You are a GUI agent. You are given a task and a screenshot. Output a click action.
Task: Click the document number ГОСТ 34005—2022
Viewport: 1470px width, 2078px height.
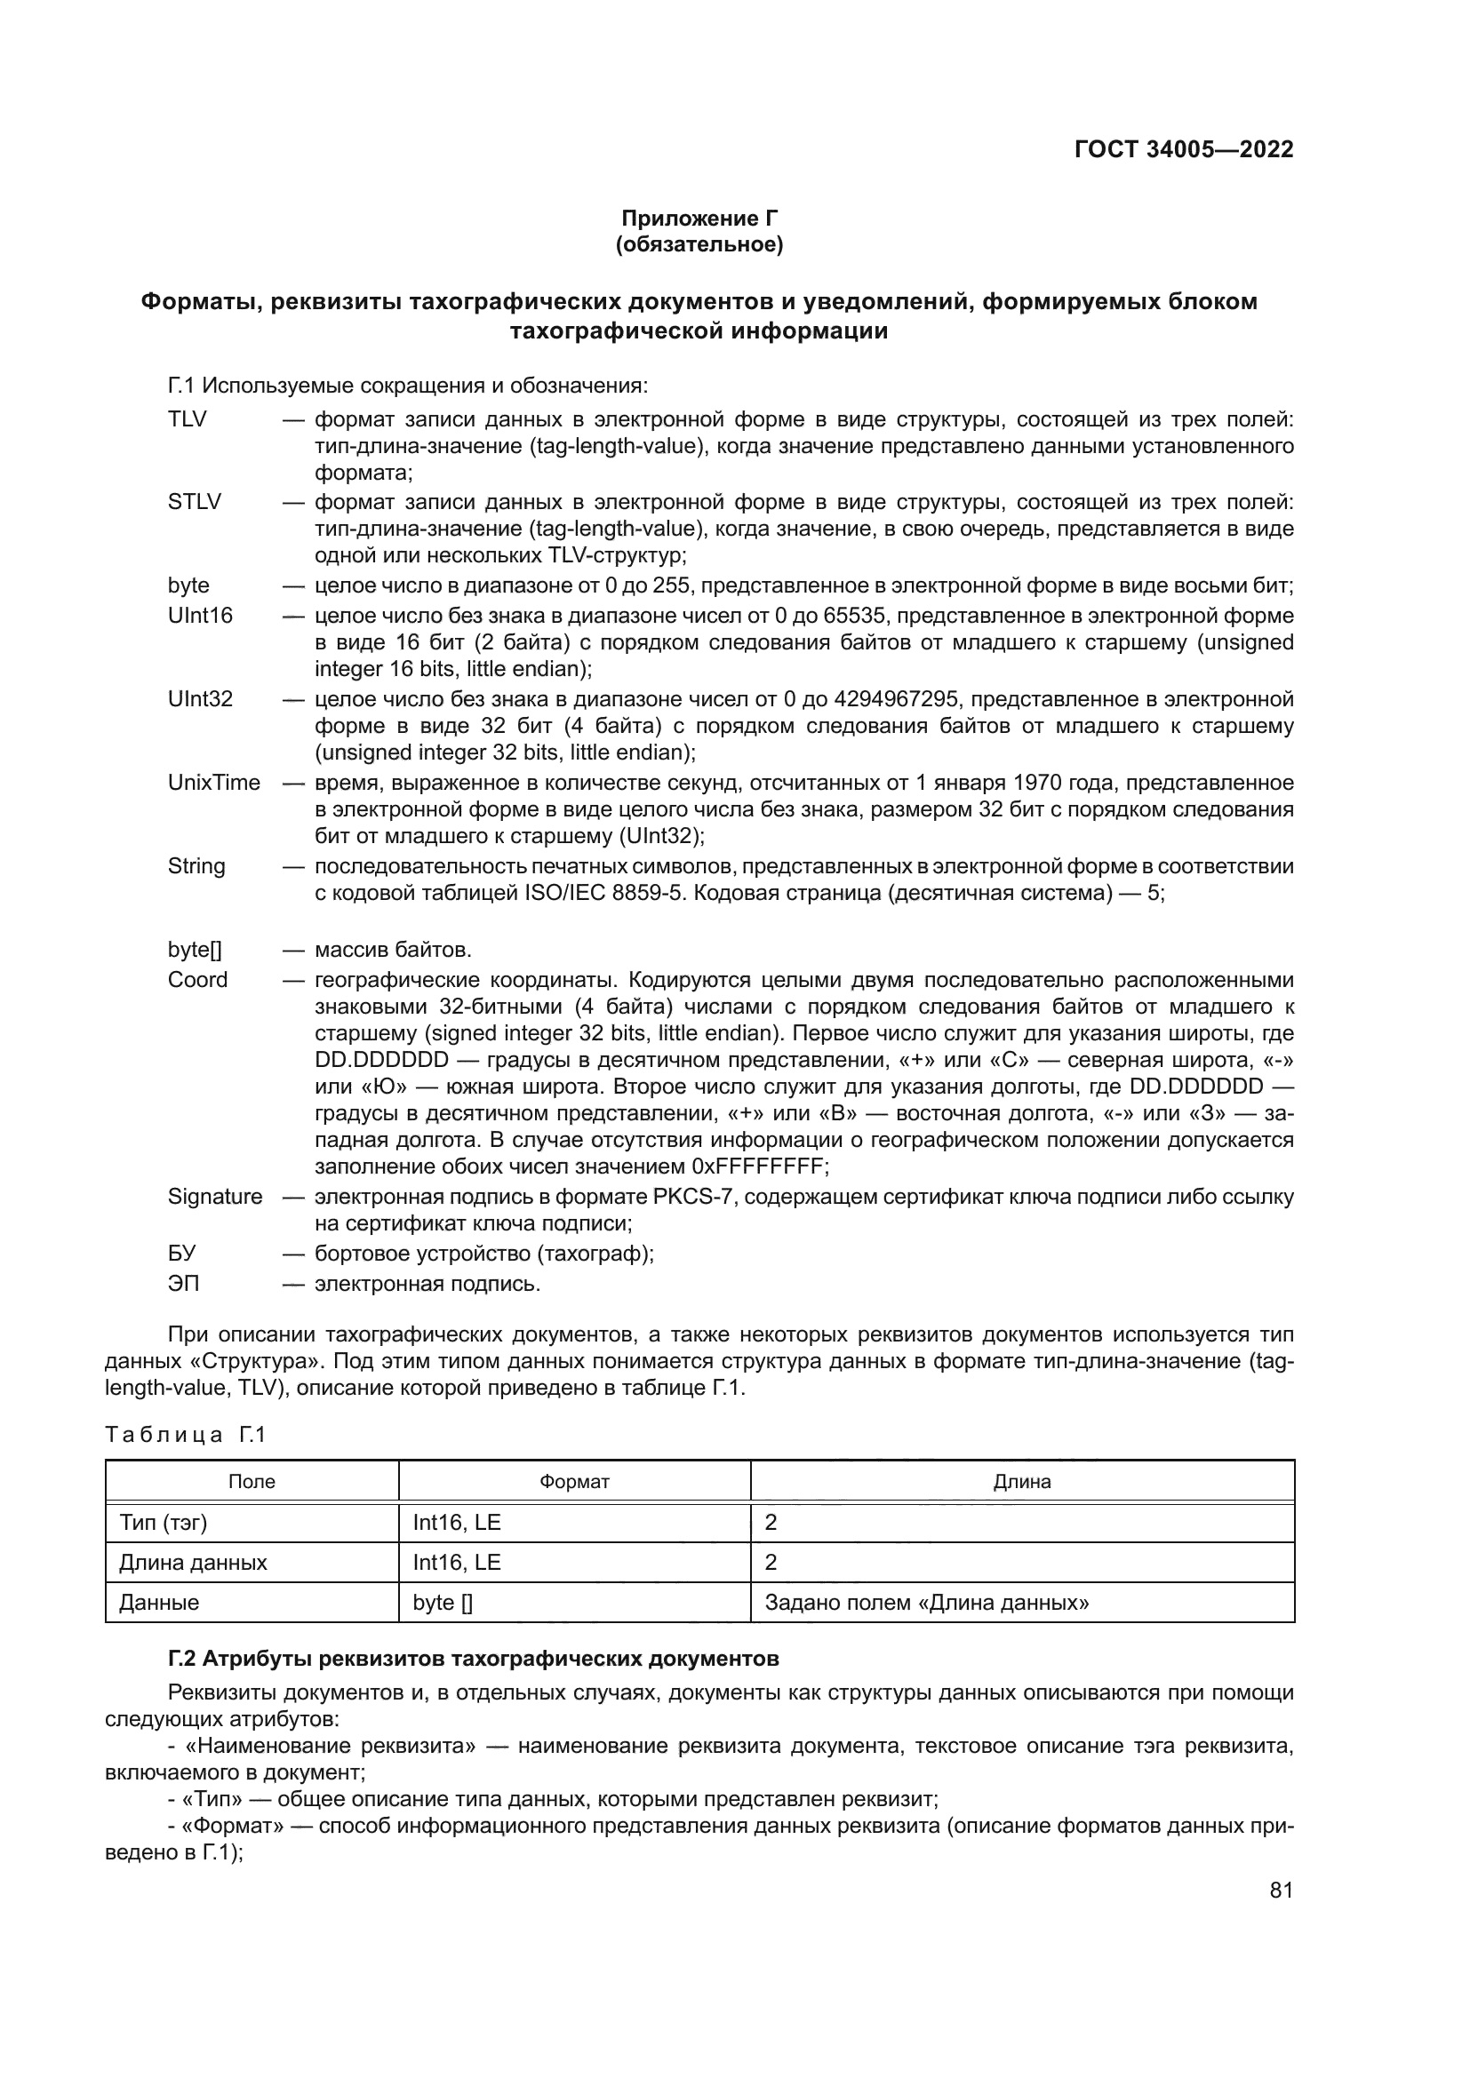tap(1183, 149)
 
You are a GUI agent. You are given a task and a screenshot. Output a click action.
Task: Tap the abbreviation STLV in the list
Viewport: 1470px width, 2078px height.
tap(194, 501)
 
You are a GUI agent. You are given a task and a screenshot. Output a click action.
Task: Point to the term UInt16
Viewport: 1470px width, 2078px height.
tap(199, 616)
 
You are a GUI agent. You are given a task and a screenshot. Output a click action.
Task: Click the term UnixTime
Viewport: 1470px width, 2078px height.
tap(213, 782)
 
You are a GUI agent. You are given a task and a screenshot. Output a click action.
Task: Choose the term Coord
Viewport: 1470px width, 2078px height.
tap(197, 979)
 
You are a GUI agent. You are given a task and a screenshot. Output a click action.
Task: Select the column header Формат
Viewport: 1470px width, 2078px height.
tap(574, 1482)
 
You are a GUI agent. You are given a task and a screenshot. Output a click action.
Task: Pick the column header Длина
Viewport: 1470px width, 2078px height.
tap(1022, 1482)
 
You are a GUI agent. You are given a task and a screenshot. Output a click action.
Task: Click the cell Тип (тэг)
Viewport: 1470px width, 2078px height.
tap(163, 1523)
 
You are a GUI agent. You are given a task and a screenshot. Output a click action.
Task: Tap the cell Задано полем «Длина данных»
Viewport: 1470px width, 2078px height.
tap(926, 1602)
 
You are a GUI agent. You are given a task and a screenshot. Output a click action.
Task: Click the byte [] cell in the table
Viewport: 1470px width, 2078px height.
tap(443, 1602)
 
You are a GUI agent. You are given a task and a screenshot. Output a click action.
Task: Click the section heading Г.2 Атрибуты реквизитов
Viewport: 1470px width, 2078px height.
tap(473, 1659)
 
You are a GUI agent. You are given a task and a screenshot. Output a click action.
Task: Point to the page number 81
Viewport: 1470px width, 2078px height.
tap(1281, 1890)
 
